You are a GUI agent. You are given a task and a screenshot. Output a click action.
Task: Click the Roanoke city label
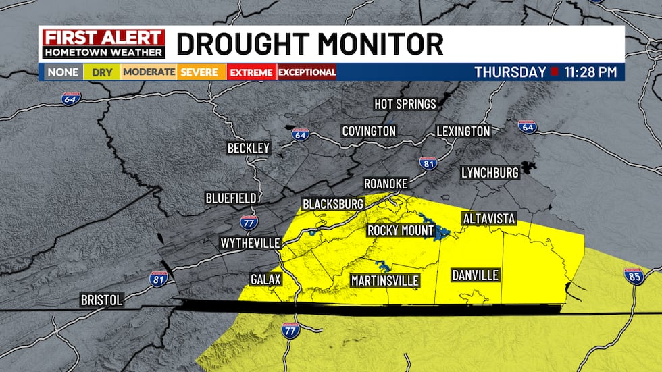point(385,184)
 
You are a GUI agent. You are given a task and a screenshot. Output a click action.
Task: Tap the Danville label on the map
point(476,275)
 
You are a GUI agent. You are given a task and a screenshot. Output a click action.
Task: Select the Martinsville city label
point(385,280)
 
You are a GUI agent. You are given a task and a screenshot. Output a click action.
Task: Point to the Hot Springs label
point(406,103)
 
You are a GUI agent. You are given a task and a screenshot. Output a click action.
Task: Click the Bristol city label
point(101,300)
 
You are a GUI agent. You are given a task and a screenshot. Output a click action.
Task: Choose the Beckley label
point(249,148)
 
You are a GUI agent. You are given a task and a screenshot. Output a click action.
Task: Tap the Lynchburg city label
point(490,173)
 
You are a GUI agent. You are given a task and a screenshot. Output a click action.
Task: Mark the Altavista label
point(489,219)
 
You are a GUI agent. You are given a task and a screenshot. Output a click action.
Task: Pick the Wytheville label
point(250,242)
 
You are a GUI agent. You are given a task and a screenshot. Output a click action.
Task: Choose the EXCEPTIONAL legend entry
point(307,72)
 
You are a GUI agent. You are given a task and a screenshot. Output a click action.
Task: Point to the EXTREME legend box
point(251,72)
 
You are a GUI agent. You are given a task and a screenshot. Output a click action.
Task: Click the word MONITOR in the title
point(369,44)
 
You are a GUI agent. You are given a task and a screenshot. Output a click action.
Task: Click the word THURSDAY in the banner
point(510,72)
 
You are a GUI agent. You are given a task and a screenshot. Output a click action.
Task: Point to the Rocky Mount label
point(401,231)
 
